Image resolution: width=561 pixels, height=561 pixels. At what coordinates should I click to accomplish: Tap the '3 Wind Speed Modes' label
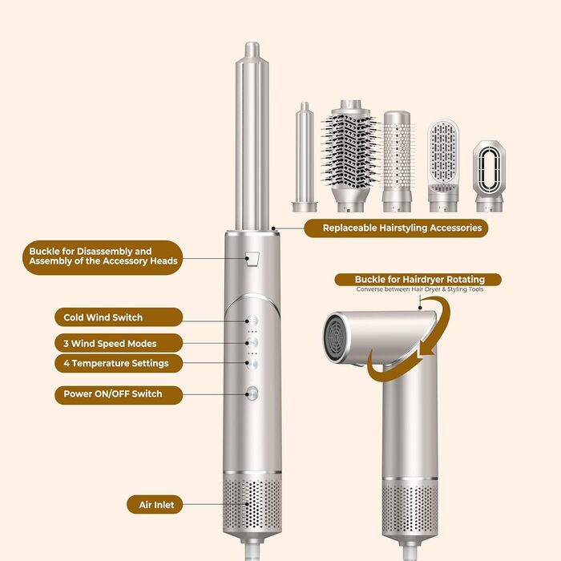pyautogui.click(x=110, y=343)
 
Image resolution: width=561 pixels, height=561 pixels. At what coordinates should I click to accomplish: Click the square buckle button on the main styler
pyautogui.click(x=253, y=259)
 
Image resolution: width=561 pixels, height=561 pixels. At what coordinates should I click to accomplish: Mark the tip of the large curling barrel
pyautogui.click(x=253, y=50)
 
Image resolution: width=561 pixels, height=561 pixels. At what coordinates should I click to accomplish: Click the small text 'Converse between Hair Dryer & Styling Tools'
pyautogui.click(x=420, y=289)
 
